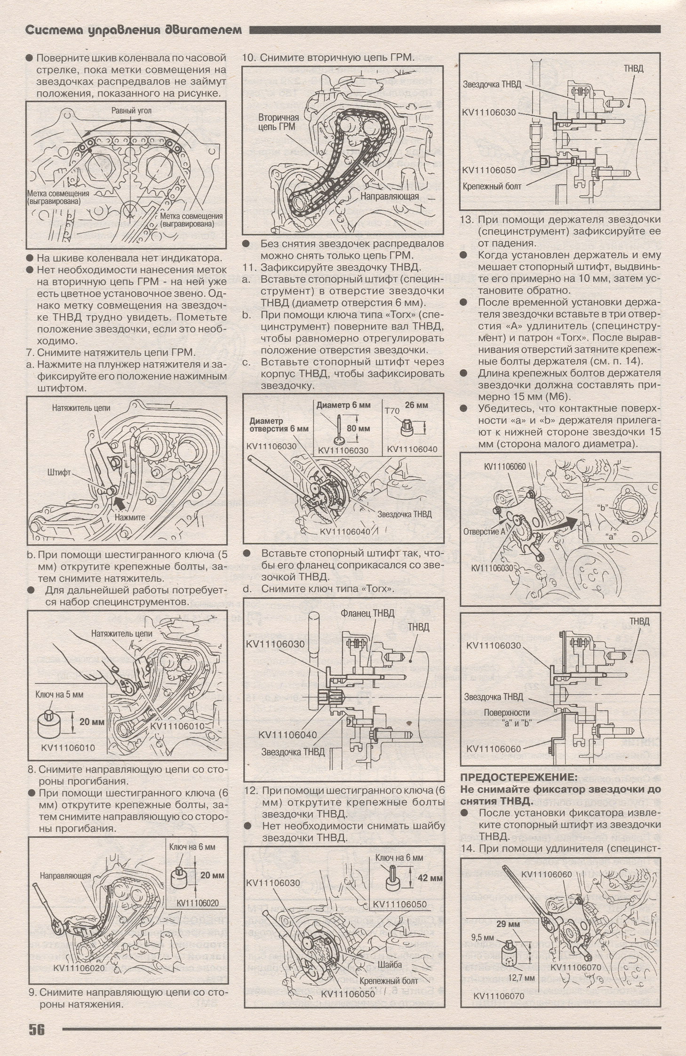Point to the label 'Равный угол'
click(131, 111)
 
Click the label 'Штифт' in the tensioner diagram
click(59, 471)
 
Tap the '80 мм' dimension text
click(358, 429)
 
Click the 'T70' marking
click(392, 411)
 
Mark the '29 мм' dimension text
click(508, 923)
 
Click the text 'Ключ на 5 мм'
click(59, 694)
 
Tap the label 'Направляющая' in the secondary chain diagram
click(390, 196)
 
